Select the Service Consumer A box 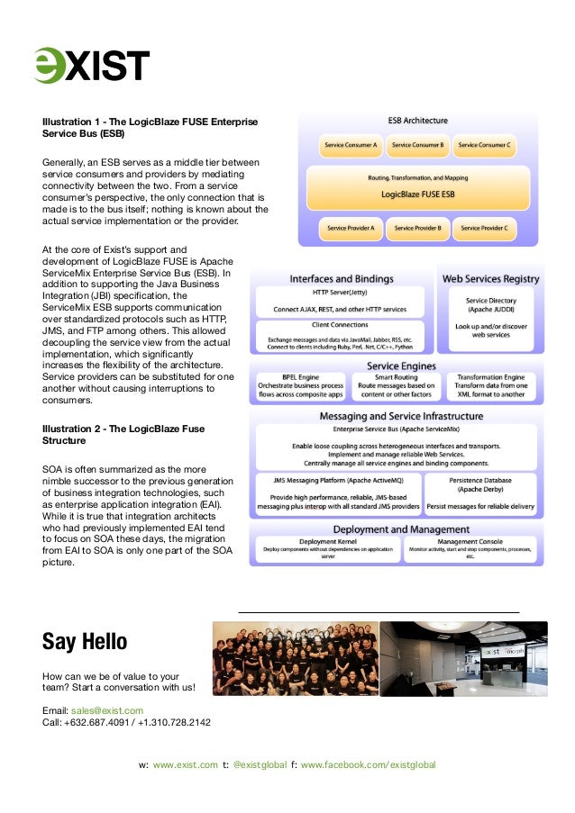pyautogui.click(x=351, y=144)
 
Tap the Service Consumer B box pyautogui.click(x=417, y=144)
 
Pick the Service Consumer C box pyautogui.click(x=484, y=144)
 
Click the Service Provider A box pyautogui.click(x=351, y=228)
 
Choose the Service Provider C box pyautogui.click(x=484, y=228)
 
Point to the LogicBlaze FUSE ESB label pyautogui.click(x=417, y=193)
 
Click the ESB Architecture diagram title pyautogui.click(x=417, y=120)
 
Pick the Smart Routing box pyautogui.click(x=397, y=385)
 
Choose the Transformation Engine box pyautogui.click(x=492, y=385)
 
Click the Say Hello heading pyautogui.click(x=85, y=642)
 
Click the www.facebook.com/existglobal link pyautogui.click(x=368, y=764)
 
